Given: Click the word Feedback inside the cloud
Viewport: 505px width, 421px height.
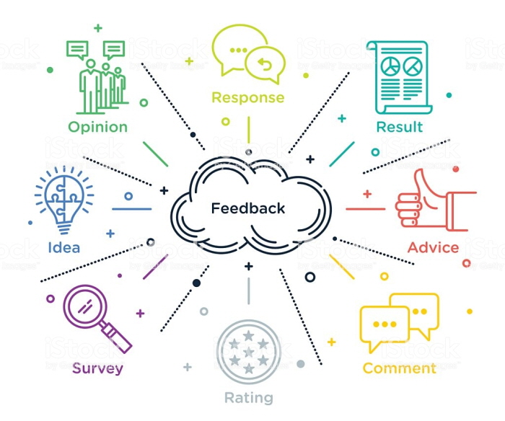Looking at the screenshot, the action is click(247, 208).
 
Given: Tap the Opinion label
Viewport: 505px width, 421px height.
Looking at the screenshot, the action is click(98, 127).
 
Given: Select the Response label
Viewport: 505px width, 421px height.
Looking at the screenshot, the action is click(248, 97).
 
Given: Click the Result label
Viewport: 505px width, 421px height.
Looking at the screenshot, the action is click(400, 127).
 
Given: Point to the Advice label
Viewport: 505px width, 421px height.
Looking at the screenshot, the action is click(433, 247).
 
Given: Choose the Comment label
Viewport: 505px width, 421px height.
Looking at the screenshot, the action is click(400, 368).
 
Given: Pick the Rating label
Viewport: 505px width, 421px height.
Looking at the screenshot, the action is click(249, 397).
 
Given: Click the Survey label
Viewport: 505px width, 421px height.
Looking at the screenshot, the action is click(97, 368).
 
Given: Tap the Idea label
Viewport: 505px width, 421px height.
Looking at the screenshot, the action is click(63, 247).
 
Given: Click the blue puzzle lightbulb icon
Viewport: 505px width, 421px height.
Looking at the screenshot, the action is click(64, 200).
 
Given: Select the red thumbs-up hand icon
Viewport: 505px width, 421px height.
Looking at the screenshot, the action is click(436, 200).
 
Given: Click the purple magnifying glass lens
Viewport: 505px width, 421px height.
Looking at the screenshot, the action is click(85, 306).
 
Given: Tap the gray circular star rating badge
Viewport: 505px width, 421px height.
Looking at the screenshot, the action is click(249, 352).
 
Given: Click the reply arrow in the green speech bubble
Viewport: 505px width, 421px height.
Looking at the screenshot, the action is click(265, 64).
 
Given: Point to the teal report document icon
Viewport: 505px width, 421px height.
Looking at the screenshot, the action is click(400, 78).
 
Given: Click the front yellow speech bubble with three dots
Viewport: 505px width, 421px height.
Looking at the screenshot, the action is click(385, 327).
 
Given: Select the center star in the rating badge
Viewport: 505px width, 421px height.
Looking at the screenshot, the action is click(249, 352).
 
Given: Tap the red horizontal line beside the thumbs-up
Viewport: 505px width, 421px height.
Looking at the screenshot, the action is click(365, 209).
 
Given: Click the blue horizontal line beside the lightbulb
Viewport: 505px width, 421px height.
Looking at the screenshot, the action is click(132, 209).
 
